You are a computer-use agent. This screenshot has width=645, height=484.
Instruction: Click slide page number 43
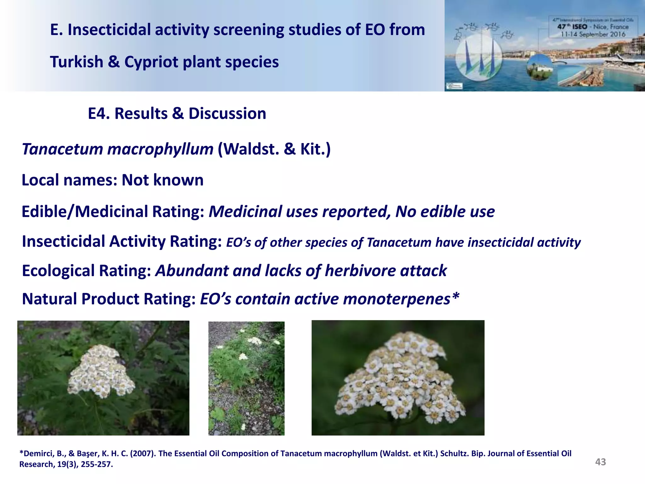600,462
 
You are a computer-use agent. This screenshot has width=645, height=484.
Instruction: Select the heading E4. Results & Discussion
177,113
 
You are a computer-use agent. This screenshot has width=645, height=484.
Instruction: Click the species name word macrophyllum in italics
160,149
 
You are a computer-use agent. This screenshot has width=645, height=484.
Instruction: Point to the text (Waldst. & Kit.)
274,149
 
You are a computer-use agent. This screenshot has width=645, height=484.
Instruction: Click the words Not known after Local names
163,180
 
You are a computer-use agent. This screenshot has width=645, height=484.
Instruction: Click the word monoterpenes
397,299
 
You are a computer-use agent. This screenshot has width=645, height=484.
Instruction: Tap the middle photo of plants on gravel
246,378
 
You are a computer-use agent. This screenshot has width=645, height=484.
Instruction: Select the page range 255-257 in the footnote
96,464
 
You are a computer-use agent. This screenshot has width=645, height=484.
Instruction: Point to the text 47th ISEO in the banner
572,27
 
